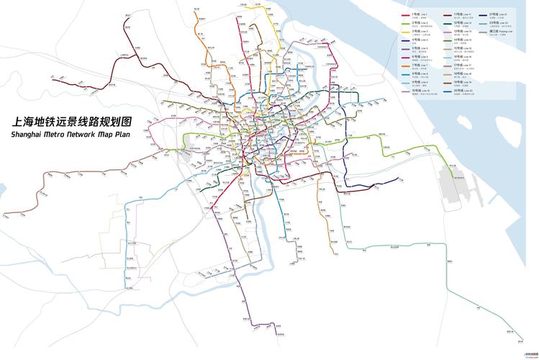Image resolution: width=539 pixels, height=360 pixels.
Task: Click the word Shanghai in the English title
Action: click(x=30, y=135)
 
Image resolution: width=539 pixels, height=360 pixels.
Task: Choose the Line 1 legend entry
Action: click(x=418, y=15)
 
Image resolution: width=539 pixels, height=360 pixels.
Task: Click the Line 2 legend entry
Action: click(x=418, y=24)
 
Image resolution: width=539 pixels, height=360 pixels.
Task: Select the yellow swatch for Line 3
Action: click(x=406, y=32)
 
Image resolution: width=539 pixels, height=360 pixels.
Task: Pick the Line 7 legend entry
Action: click(x=418, y=66)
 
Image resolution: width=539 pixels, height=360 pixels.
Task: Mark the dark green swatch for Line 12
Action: click(x=447, y=23)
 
